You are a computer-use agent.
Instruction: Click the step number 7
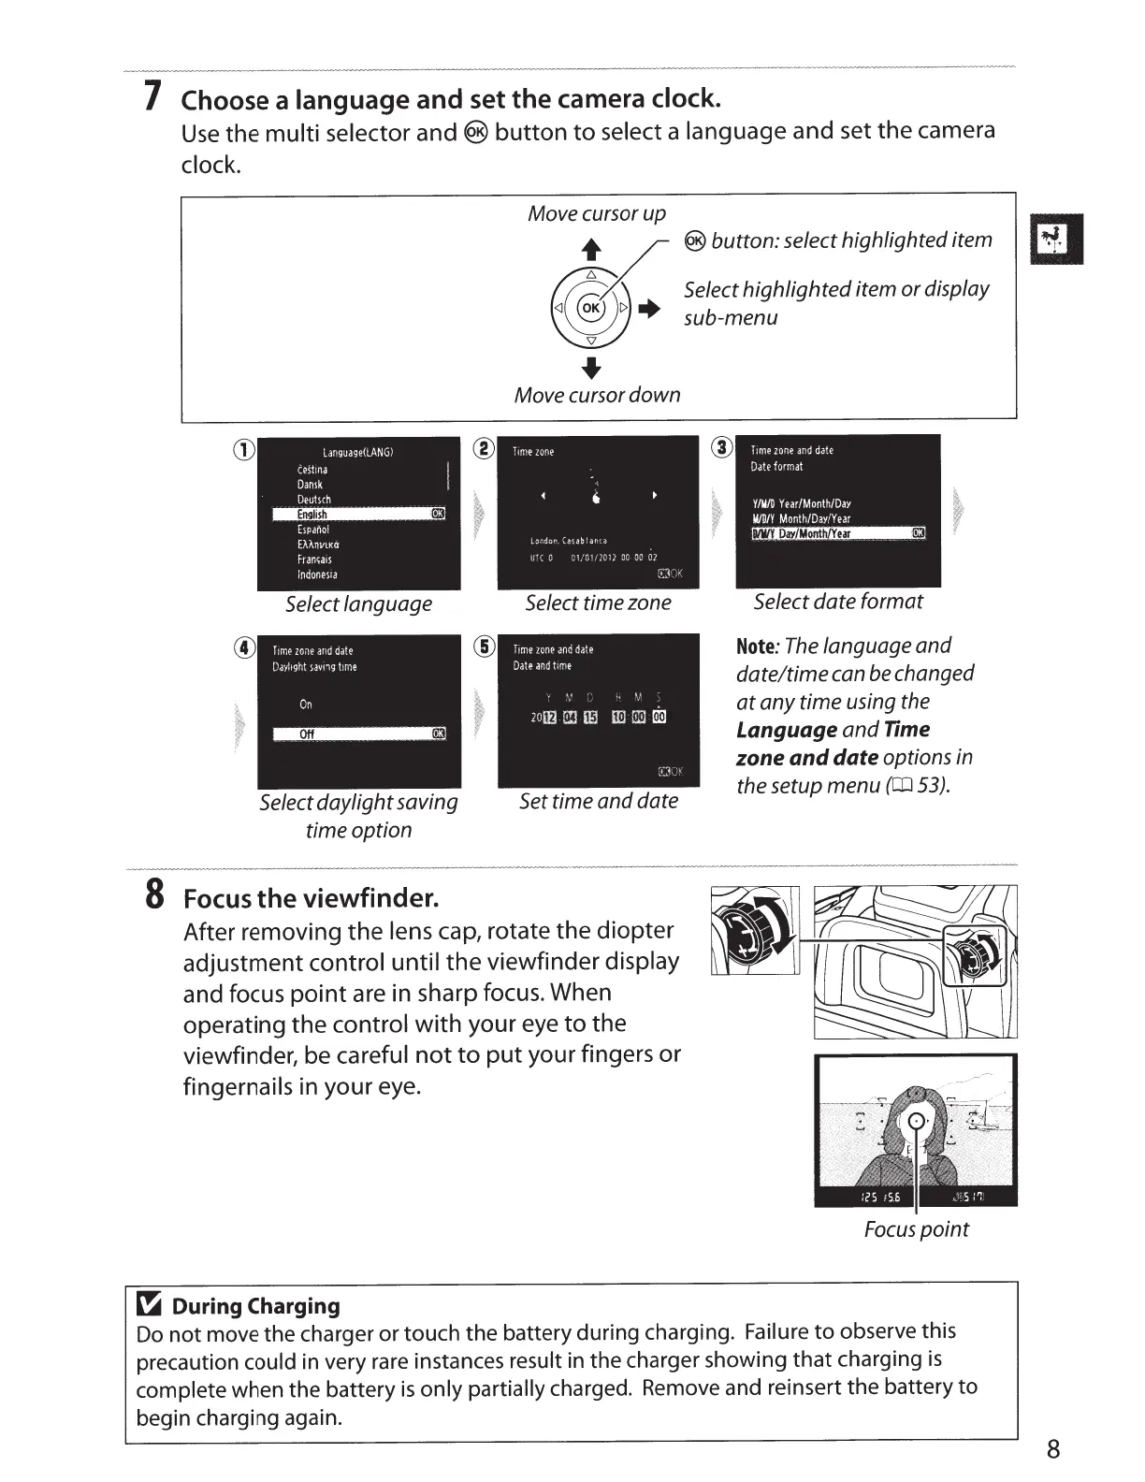coord(150,96)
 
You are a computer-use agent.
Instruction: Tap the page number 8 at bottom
coord(1053,1449)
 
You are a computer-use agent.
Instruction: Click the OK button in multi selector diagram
coord(591,307)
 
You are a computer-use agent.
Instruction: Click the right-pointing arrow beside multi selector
coord(650,309)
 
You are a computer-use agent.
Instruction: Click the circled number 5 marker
coord(484,647)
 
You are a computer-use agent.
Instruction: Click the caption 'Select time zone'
coord(598,603)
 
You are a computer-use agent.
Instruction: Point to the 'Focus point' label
coord(916,1229)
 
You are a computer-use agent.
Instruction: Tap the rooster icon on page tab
coord(1055,239)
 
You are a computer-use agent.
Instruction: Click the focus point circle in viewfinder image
coord(918,1123)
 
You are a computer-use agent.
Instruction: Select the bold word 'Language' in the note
coord(787,730)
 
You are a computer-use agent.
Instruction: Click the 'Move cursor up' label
coord(597,213)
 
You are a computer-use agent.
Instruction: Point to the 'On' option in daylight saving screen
coord(306,705)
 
